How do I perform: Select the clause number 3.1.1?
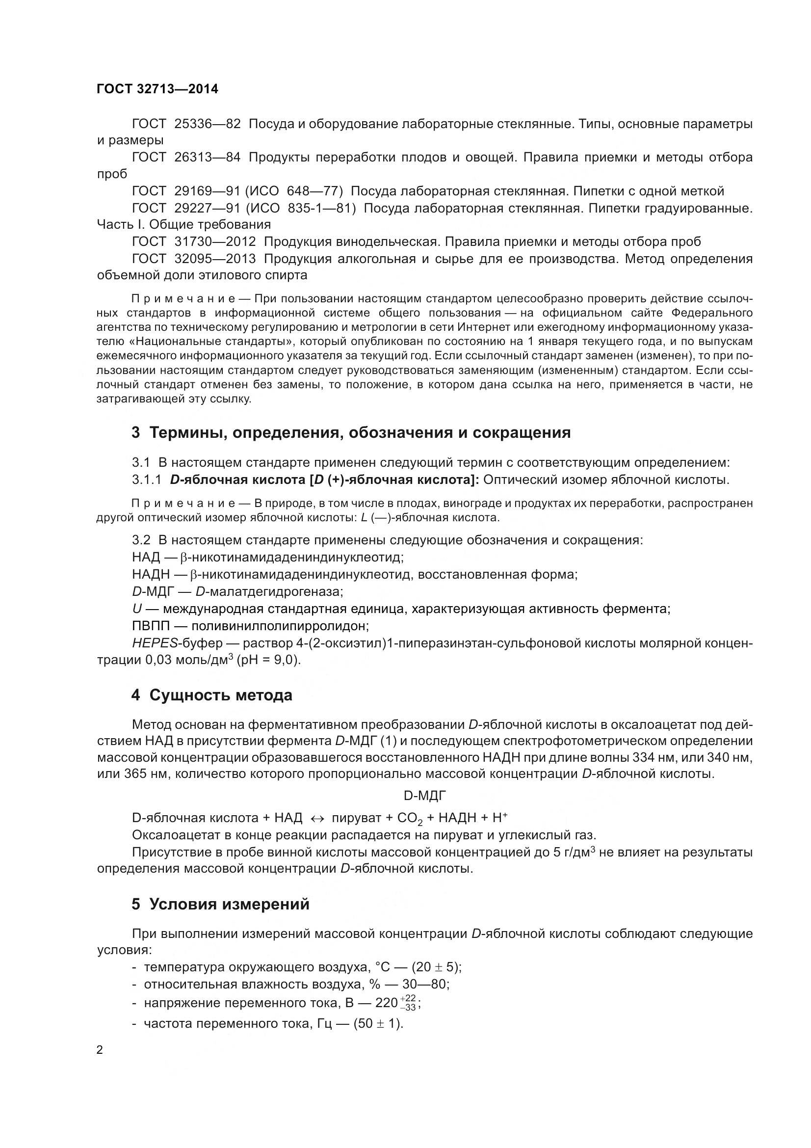point(146,480)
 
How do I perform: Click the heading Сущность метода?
point(220,695)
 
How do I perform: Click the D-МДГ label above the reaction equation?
point(424,796)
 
